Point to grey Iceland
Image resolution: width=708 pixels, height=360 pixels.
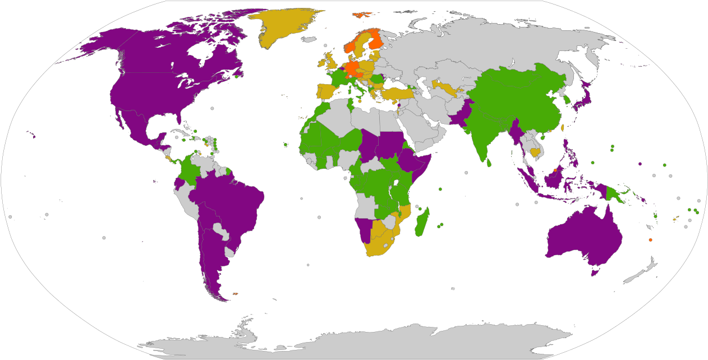(309, 40)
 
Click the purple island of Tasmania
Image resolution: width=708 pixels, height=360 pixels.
(595, 271)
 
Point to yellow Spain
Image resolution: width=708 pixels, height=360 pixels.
(325, 91)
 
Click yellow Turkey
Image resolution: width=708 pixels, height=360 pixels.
(396, 93)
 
